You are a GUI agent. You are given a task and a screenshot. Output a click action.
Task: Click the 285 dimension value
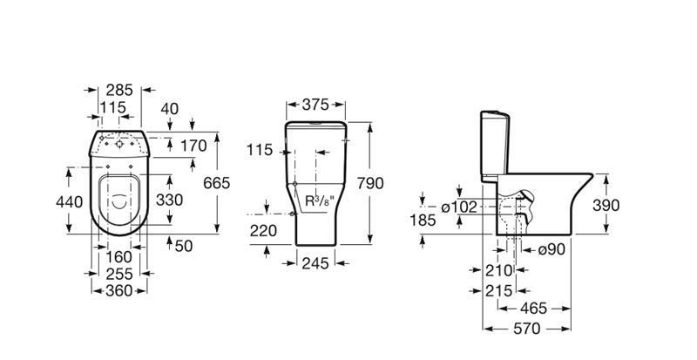[x=119, y=90]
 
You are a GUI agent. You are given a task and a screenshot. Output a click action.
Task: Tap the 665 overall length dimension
[x=216, y=182]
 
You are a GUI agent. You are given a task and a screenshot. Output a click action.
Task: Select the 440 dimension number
[x=69, y=202]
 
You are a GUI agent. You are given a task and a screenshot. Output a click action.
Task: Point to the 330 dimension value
[x=169, y=200]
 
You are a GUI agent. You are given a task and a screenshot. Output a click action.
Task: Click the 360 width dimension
[x=119, y=290]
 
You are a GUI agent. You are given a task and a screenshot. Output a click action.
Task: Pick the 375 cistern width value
[x=315, y=105]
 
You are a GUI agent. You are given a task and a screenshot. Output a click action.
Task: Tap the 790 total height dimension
[x=369, y=183]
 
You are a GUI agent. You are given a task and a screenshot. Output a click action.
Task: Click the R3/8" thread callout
[x=320, y=200]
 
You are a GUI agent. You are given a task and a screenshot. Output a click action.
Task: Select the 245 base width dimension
[x=315, y=263]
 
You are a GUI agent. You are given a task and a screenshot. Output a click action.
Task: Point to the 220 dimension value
[x=263, y=230]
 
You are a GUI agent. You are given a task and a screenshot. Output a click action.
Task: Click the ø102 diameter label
[x=459, y=207]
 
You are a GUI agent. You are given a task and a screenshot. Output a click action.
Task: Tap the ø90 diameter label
[x=552, y=249]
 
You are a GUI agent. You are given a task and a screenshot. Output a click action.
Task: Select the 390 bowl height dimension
[x=606, y=205]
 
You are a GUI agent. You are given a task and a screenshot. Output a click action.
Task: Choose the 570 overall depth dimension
[x=527, y=329]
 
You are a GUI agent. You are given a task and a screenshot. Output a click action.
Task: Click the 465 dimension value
[x=534, y=308]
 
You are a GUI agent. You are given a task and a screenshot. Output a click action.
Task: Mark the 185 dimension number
[x=423, y=220]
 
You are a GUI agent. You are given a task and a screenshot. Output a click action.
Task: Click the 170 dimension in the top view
[x=193, y=146]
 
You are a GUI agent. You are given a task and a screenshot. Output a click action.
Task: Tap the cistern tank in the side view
[x=494, y=146]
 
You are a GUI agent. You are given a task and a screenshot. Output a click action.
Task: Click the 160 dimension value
[x=119, y=257]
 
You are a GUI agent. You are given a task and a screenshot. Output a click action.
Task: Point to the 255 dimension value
[x=119, y=274]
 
